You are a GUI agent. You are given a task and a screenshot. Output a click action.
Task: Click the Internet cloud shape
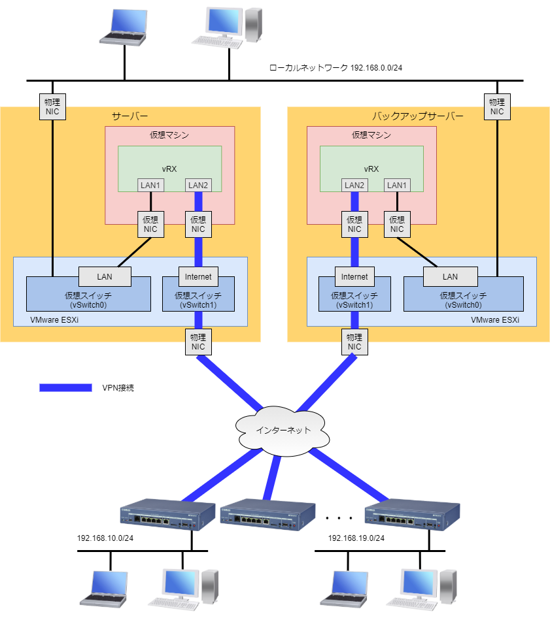[x=283, y=430]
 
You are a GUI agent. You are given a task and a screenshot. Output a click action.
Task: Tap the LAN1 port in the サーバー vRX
[x=150, y=186]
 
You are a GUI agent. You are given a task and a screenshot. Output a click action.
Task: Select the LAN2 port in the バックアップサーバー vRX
[x=354, y=186]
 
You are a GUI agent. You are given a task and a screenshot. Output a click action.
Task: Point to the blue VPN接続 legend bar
[x=65, y=387]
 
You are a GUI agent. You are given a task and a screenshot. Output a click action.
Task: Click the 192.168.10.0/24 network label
[x=105, y=538]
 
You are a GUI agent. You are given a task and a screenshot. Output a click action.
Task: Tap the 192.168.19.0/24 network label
[x=356, y=538]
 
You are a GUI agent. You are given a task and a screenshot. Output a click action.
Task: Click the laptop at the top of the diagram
[x=124, y=28]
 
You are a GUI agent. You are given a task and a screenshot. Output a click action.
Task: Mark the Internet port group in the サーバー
[x=198, y=277]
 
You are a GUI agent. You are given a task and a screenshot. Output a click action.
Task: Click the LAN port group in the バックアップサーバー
[x=450, y=277]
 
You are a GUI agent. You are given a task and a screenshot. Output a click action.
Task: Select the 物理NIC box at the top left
[x=52, y=107]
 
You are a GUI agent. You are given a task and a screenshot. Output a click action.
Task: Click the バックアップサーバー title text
[x=418, y=116]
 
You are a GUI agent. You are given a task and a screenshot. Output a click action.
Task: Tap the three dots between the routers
[x=339, y=518]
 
